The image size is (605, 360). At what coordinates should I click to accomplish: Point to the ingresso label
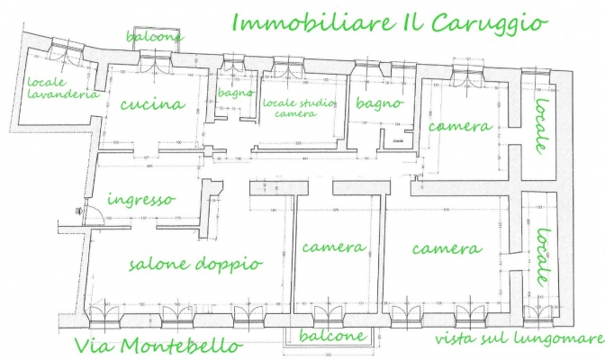(140, 200)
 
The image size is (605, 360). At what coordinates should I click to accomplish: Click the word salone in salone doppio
(161, 264)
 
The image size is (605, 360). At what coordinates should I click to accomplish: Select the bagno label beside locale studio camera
(378, 103)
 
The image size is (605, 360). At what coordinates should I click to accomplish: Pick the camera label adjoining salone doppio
(334, 247)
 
